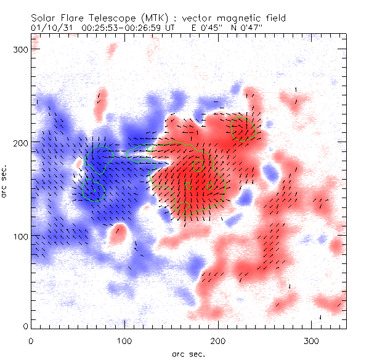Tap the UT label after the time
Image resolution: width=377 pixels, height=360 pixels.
point(160,28)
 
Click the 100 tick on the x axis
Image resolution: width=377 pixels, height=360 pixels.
point(124,340)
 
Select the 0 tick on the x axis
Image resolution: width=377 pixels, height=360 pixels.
point(31,340)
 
